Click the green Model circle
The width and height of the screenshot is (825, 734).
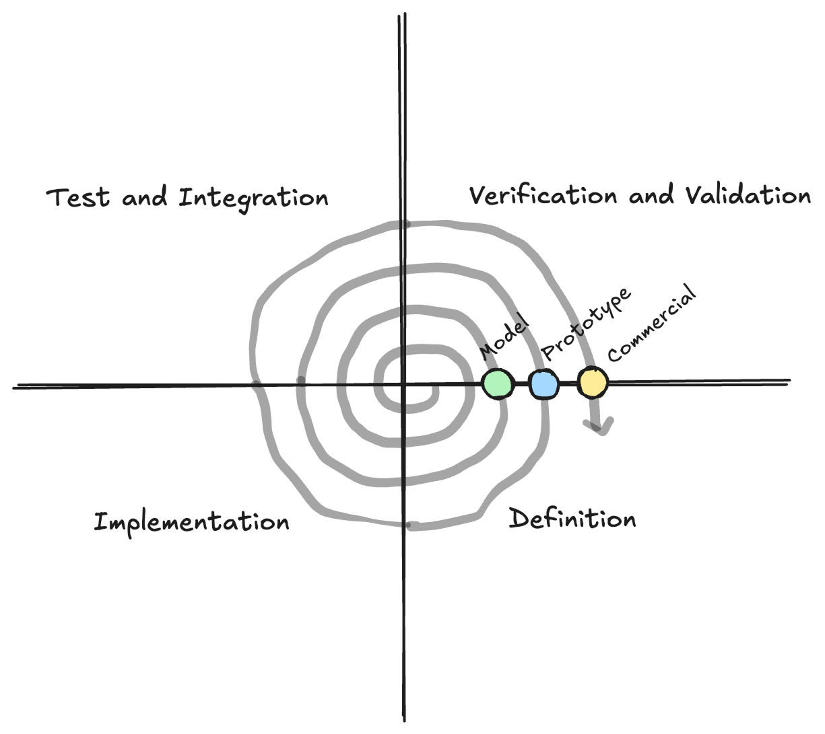click(x=498, y=383)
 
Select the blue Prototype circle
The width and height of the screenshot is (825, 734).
click(x=543, y=384)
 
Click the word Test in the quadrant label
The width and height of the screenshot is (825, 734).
click(x=78, y=198)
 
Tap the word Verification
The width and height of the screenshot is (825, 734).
click(x=543, y=196)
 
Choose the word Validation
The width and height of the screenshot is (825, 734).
click(x=748, y=196)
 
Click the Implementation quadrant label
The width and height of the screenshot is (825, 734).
click(x=191, y=523)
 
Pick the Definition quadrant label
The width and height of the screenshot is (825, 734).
click(x=572, y=519)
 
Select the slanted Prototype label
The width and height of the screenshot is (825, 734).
click(x=587, y=324)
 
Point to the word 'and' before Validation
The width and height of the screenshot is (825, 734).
click(x=651, y=196)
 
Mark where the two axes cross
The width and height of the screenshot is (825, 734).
click(x=403, y=386)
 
